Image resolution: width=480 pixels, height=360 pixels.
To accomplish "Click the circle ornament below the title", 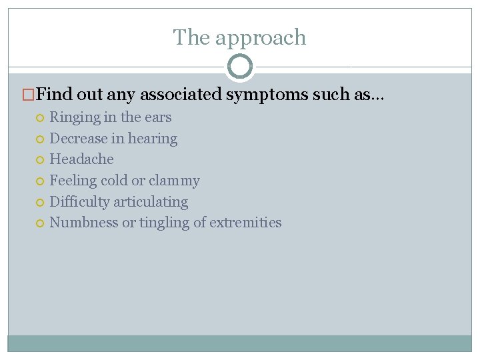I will (x=240, y=67).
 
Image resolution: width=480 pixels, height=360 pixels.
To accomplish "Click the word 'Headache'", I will (x=81, y=159).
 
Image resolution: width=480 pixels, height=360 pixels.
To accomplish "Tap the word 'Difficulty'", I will (x=80, y=202).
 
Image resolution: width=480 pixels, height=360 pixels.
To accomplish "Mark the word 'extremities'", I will (x=245, y=223).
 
